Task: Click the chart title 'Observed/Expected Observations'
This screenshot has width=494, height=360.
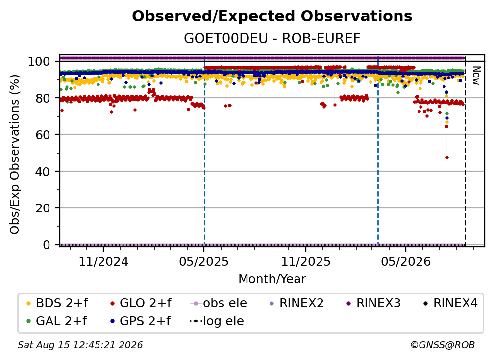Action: coord(272,16)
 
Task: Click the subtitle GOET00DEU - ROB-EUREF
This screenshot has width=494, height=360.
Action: coord(272,38)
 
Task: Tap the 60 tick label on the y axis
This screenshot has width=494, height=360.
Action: coord(43,134)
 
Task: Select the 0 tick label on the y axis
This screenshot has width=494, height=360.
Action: coord(47,245)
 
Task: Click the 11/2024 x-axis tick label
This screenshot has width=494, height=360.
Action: coord(103,261)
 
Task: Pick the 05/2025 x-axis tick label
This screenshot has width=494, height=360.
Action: coord(204,261)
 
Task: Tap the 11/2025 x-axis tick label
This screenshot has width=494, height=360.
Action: coord(306,261)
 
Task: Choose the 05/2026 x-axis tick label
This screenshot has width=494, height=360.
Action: coord(406,261)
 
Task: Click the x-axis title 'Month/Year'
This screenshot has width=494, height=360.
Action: coord(272,279)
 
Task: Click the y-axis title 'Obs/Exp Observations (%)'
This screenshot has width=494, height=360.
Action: coord(15,154)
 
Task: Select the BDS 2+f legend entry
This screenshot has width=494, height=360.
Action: coord(57,303)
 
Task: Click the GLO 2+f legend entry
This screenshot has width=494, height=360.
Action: coord(141,303)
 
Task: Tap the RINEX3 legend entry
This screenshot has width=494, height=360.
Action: coord(373,303)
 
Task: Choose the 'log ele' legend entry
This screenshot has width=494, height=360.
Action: coord(217,321)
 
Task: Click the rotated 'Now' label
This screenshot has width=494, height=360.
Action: coord(476,76)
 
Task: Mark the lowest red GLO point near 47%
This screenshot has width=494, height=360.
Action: coord(447,157)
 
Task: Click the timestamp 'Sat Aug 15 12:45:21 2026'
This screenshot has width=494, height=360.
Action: coord(80,345)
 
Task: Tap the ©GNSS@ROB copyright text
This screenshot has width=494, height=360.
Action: coord(443,345)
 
